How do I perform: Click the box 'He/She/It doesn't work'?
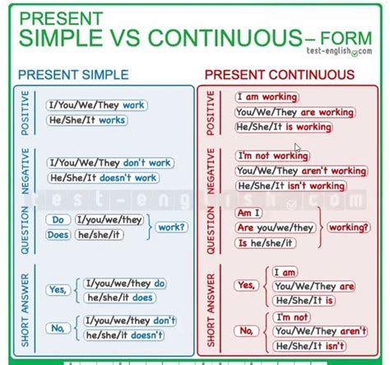(x=103, y=177)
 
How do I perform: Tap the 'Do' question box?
(x=58, y=220)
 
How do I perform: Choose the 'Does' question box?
(x=58, y=235)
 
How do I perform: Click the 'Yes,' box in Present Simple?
(x=58, y=290)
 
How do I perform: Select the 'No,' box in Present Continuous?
(x=246, y=330)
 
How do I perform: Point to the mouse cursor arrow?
(x=297, y=149)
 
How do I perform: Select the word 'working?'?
(x=350, y=227)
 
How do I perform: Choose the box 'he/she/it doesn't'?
(x=123, y=336)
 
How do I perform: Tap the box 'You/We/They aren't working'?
(x=300, y=171)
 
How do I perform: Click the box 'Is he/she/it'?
(x=266, y=242)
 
